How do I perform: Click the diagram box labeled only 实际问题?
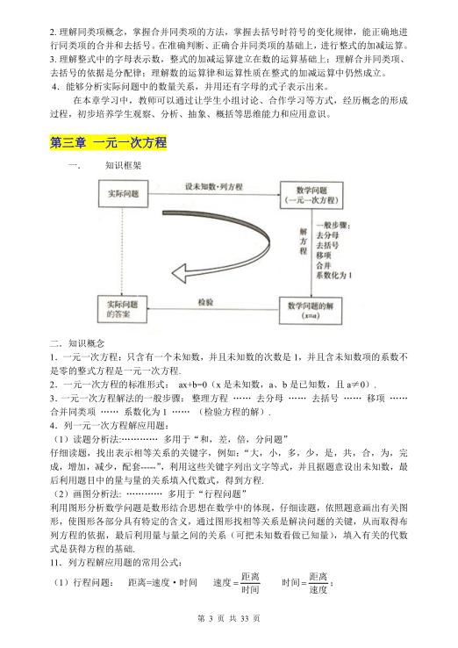[x=127, y=195]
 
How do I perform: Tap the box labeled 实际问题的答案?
[x=127, y=308]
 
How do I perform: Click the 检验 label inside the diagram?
[x=205, y=301]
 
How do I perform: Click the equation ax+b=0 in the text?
[x=198, y=385]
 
